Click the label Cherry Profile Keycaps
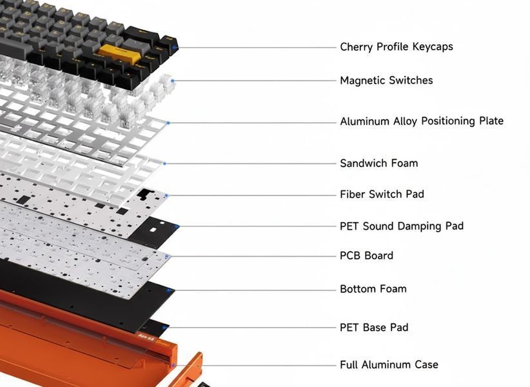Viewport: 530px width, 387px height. click(x=396, y=46)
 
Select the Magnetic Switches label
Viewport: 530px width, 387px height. click(x=386, y=81)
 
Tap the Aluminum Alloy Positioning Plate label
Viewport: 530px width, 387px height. click(x=422, y=121)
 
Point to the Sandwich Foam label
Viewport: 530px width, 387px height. click(x=379, y=163)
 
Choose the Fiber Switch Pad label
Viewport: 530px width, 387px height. click(x=382, y=194)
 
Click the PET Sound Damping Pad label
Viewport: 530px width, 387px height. click(x=402, y=226)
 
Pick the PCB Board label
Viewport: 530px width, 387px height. click(x=366, y=255)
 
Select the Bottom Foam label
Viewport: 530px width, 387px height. click(x=373, y=289)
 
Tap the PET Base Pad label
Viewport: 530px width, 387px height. click(x=374, y=328)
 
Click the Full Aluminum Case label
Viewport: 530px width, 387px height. click(x=389, y=364)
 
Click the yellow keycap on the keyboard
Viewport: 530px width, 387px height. click(x=120, y=52)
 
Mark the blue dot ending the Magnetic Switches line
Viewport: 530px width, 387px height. click(x=173, y=81)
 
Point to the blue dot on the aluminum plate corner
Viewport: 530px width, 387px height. click(x=168, y=123)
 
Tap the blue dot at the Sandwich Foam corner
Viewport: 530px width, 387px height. click(x=164, y=164)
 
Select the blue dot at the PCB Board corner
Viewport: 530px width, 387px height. click(x=167, y=257)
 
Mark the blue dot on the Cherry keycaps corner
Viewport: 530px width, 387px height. click(x=175, y=48)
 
